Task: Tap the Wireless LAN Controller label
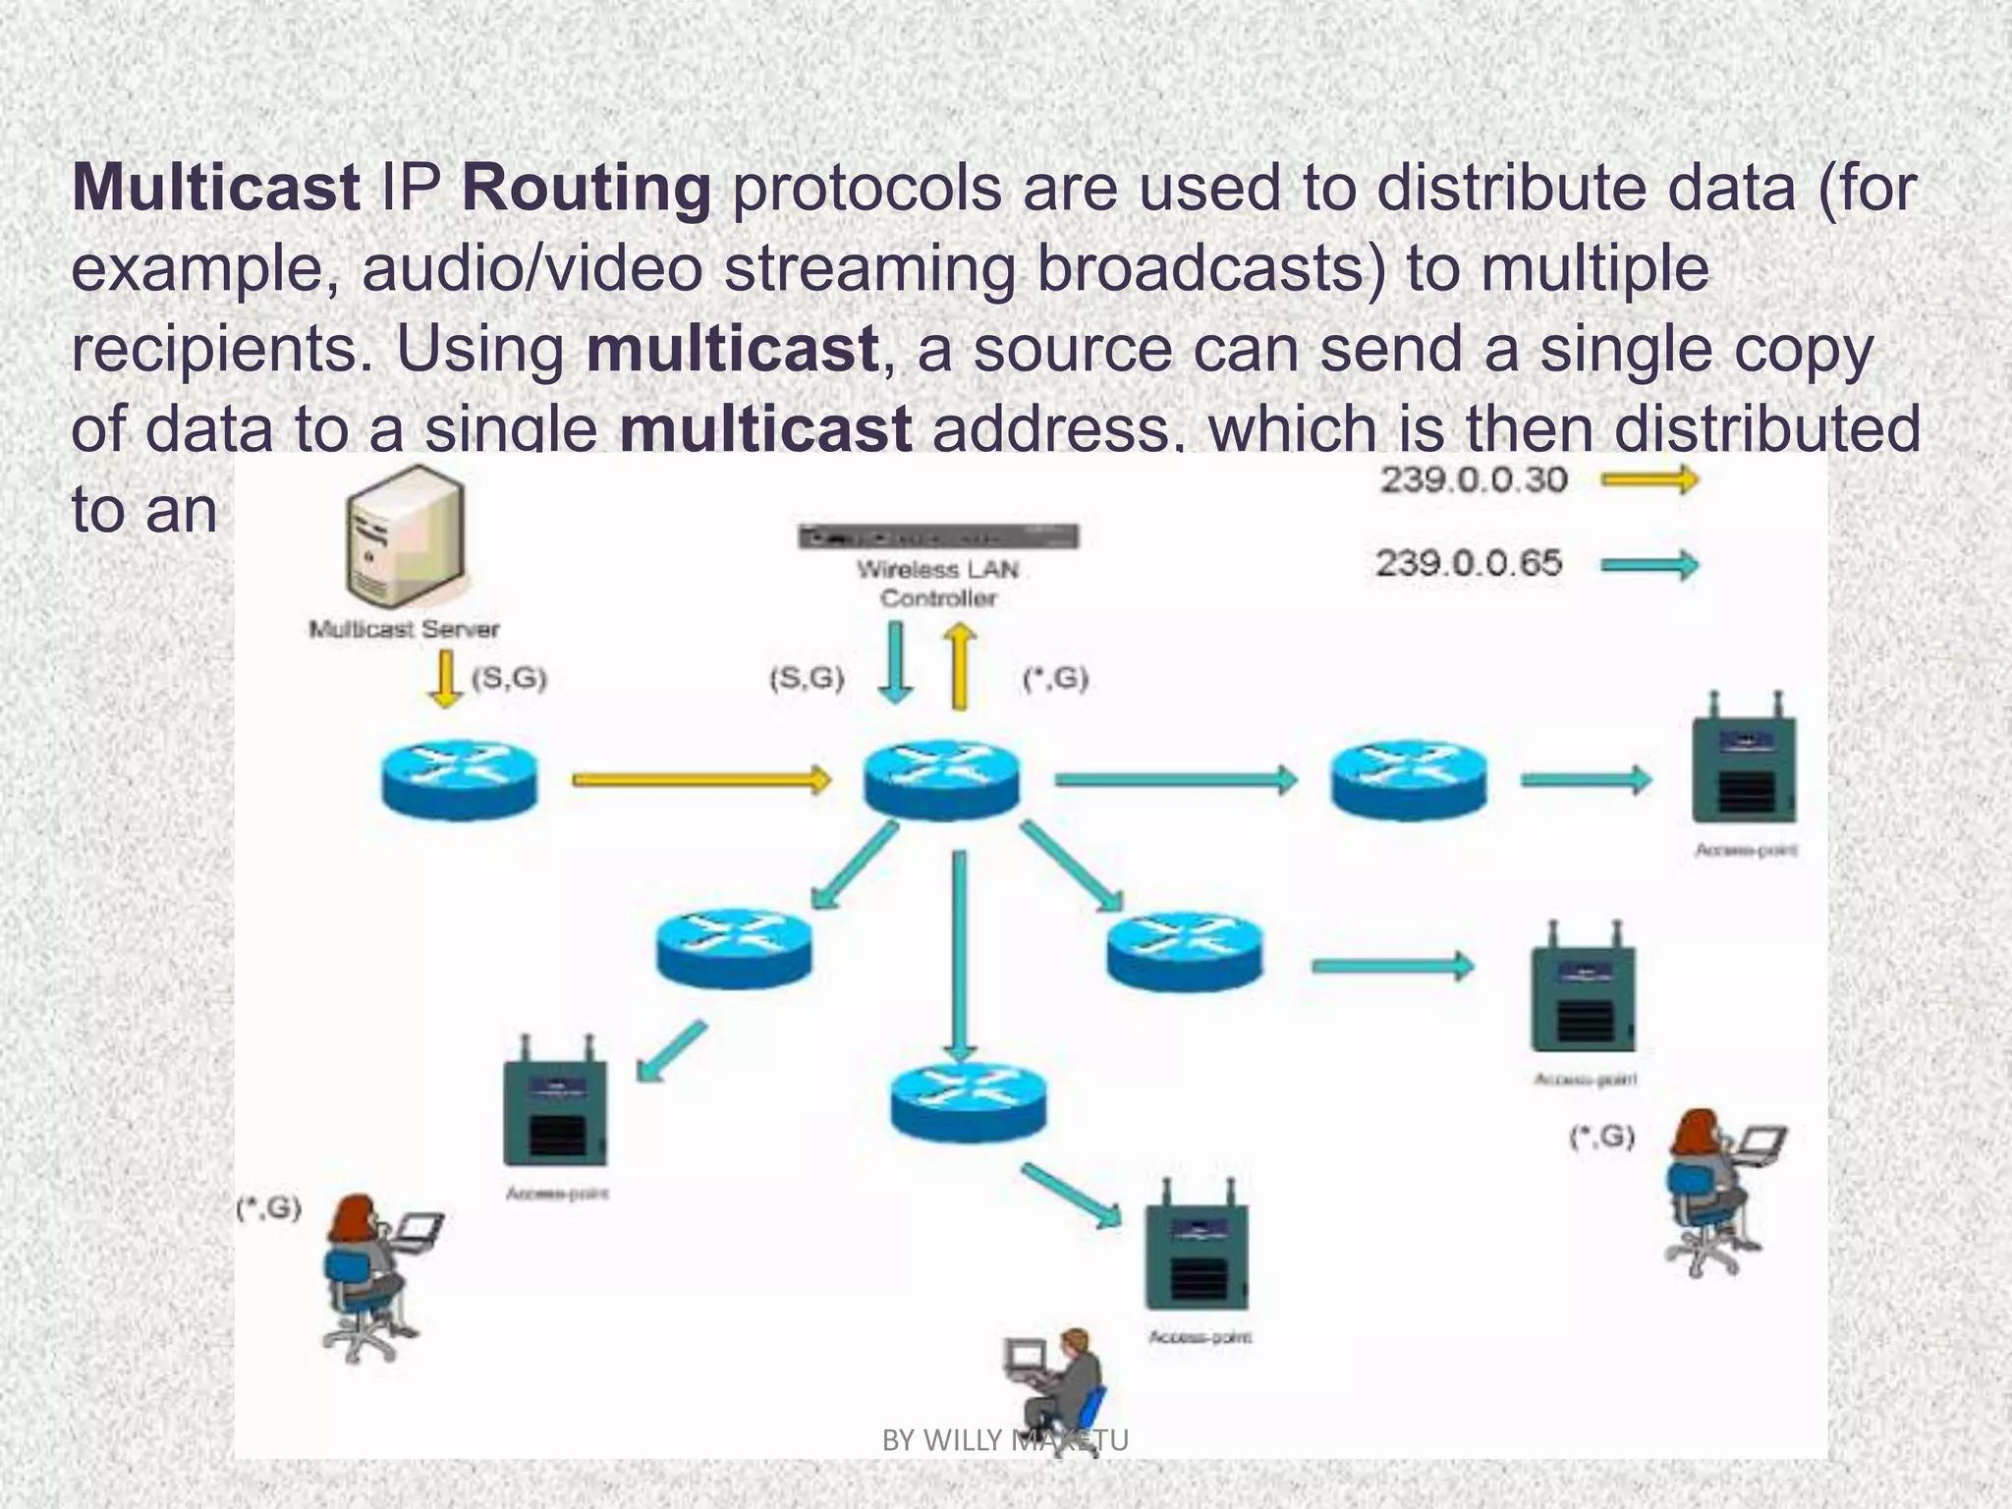937,584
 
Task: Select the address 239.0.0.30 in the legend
1474,480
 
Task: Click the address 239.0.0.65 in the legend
1468,564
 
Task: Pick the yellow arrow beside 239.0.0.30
1649,480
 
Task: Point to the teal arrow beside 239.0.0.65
1649,565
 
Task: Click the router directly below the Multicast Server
459,780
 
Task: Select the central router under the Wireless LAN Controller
941,780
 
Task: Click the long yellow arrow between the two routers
700,780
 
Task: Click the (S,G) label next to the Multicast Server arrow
509,679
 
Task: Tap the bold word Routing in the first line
587,189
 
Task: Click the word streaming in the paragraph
869,269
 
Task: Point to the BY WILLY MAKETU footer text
1005,1440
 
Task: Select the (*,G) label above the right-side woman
1601,1138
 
